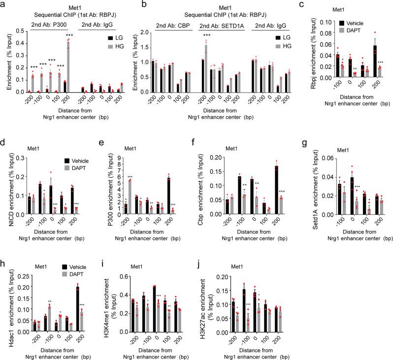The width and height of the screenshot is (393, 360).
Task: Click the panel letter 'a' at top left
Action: click(x=4, y=4)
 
